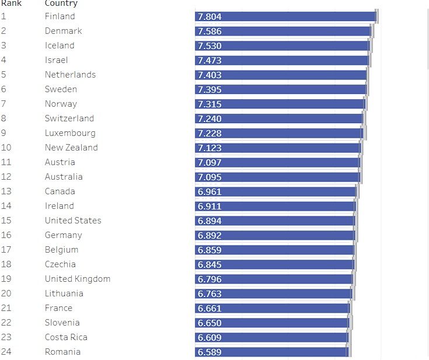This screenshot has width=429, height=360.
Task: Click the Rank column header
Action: pyautogui.click(x=11, y=4)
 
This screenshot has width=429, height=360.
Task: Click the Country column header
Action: pyautogui.click(x=61, y=4)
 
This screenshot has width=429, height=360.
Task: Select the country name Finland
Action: pyautogui.click(x=60, y=16)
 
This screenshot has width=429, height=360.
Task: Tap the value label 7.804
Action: pyautogui.click(x=210, y=17)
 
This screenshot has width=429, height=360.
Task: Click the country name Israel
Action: pyautogui.click(x=56, y=60)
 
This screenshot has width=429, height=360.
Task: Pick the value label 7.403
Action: pyautogui.click(x=210, y=75)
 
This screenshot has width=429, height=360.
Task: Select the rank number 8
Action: pyautogui.click(x=4, y=118)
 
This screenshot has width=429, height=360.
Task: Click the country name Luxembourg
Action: pyautogui.click(x=70, y=133)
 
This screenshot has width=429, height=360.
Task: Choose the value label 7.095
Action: pyautogui.click(x=210, y=177)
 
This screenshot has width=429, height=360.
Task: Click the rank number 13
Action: pyautogui.click(x=6, y=191)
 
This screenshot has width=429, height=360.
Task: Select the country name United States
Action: pyautogui.click(x=73, y=221)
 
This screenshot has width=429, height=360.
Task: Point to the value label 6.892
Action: pyautogui.click(x=210, y=236)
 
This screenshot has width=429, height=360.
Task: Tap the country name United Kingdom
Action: pyautogui.click(x=78, y=279)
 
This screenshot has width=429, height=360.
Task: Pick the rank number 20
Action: pyautogui.click(x=6, y=293)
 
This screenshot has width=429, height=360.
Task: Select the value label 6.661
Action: pyautogui.click(x=210, y=309)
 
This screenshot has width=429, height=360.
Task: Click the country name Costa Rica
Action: pyautogui.click(x=66, y=337)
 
